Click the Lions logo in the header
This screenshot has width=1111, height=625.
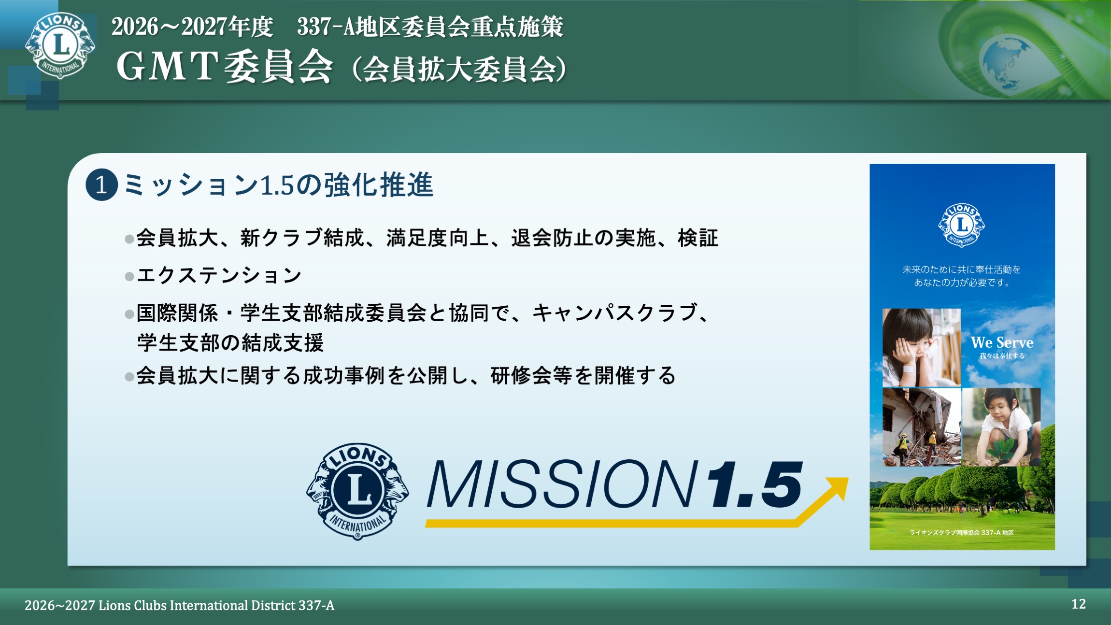(60, 46)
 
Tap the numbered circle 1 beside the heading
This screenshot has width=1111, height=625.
(101, 185)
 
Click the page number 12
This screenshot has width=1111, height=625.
(1078, 604)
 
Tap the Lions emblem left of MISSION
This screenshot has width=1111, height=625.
(357, 491)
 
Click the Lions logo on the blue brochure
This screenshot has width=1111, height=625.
(961, 225)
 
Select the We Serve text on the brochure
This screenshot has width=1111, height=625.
(1002, 342)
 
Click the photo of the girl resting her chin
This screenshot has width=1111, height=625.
(921, 347)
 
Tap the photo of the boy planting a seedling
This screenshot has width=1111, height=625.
(1001, 427)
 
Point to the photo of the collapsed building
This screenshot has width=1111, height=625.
(921, 427)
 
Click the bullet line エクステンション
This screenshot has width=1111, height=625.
(219, 276)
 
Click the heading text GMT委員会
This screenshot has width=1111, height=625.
(225, 67)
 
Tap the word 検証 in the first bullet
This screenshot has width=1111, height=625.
(698, 238)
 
